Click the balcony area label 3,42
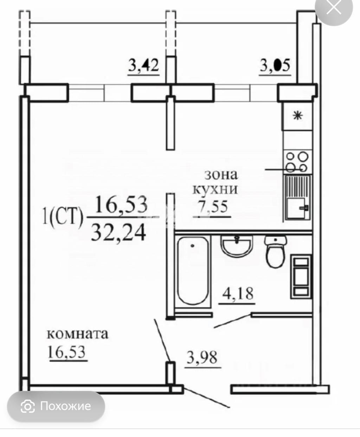click(x=144, y=65)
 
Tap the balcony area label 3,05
click(x=275, y=65)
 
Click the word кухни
click(x=215, y=189)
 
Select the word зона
click(x=221, y=175)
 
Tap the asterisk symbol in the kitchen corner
click(x=298, y=116)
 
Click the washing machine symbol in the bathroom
click(x=301, y=277)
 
